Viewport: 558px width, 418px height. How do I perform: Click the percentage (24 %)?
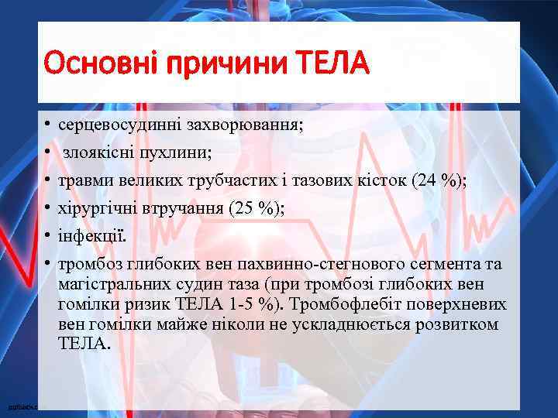click(x=438, y=181)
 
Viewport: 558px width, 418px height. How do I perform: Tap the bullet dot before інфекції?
click(x=47, y=235)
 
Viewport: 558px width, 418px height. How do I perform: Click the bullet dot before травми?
click(x=47, y=180)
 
